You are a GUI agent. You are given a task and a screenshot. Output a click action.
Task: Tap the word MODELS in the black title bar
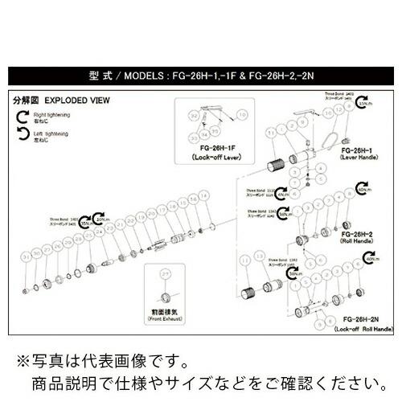click(x=145, y=79)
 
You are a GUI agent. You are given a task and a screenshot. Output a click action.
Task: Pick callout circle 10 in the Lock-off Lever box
click(x=243, y=116)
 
